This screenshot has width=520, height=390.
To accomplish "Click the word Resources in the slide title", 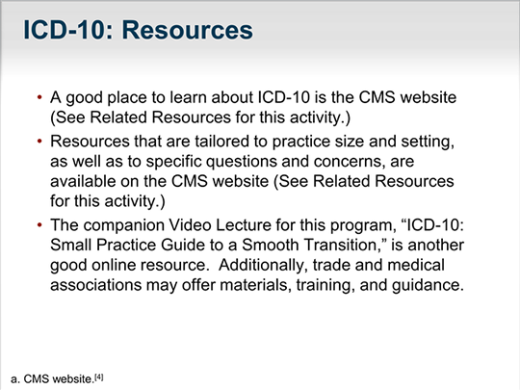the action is [188, 30].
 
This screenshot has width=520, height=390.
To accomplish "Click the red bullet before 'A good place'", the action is [39, 97].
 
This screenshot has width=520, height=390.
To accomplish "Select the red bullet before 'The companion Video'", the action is [39, 225].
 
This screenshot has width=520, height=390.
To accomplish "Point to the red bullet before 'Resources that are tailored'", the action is [39, 142].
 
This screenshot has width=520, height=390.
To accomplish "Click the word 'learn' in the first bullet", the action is [188, 97].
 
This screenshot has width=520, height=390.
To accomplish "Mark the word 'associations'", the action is [96, 285].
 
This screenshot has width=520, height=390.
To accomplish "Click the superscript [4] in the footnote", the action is [99, 377].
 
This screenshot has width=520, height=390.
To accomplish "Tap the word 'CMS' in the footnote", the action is [37, 379].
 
